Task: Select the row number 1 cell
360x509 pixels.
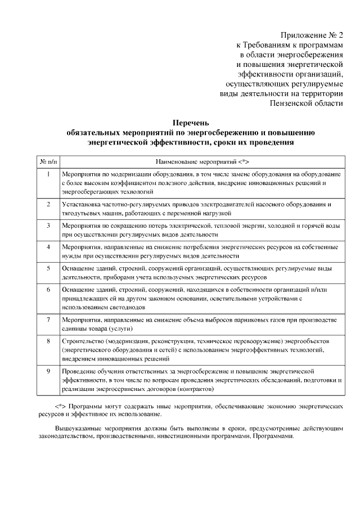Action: (x=49, y=174)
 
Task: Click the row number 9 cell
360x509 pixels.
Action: (x=49, y=371)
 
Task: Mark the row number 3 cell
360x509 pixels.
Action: (x=49, y=226)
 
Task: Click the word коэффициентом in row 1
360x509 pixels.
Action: (x=127, y=183)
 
